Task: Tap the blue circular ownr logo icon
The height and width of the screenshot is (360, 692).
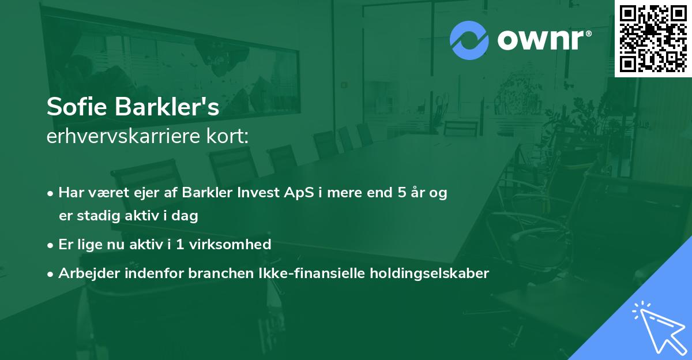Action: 469,40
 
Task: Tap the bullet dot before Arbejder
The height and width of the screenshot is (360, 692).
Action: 51,273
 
